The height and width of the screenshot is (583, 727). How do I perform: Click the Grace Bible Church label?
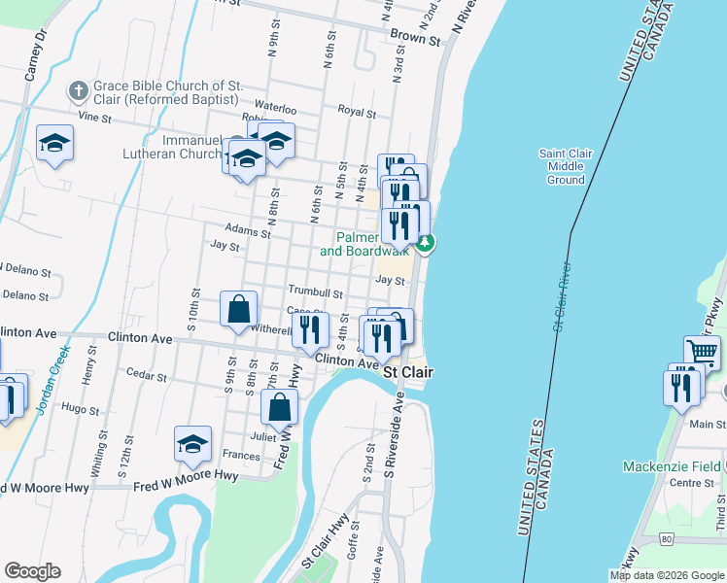(x=164, y=92)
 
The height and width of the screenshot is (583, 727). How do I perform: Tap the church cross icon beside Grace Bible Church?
(x=78, y=91)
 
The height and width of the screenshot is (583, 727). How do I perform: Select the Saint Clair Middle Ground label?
(x=565, y=166)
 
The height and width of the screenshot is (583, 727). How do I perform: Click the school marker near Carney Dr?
(x=54, y=144)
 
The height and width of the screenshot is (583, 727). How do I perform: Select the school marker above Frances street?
(x=192, y=444)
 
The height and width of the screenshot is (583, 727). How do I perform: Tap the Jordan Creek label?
(x=52, y=380)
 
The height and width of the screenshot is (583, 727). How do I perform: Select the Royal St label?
(x=357, y=112)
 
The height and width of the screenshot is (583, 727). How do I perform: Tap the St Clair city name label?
(x=407, y=372)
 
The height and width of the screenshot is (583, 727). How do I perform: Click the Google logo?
(x=32, y=571)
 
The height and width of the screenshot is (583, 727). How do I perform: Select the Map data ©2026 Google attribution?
(x=667, y=574)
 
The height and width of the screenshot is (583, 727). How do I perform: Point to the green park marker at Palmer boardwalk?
(x=426, y=242)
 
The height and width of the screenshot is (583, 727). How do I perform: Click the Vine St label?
(x=95, y=118)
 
